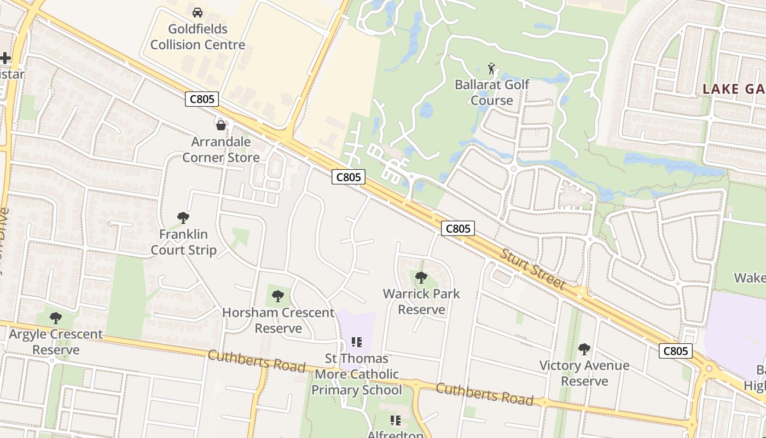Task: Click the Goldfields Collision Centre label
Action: coord(198,37)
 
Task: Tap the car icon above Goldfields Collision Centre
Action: coord(198,12)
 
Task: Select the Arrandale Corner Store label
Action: coord(221,149)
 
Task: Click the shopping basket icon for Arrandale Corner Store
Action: coord(221,125)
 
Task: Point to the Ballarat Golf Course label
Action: coord(492,93)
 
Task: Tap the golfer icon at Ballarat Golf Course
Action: coord(491,69)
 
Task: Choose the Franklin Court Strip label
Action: coord(183,242)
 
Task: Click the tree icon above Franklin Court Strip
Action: coord(183,218)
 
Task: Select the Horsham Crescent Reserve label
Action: coord(278,320)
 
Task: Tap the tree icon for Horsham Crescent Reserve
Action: coord(278,296)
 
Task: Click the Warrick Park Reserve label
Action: coord(421,302)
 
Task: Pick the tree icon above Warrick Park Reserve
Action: coord(421,278)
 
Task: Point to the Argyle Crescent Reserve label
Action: coord(56,342)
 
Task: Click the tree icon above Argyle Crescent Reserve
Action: coord(55,318)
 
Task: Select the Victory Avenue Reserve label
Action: coord(584,373)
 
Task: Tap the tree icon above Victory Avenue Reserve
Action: coord(584,349)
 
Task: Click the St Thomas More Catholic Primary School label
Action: coord(356,374)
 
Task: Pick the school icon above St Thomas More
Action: coord(357,343)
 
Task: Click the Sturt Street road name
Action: coord(532,269)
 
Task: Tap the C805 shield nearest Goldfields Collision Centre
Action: coord(202,99)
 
